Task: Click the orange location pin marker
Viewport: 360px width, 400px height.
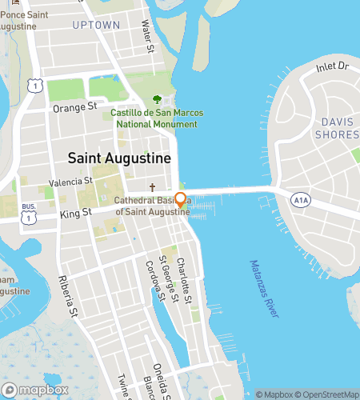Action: pyautogui.click(x=181, y=200)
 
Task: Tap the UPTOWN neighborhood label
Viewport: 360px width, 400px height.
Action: pyautogui.click(x=96, y=26)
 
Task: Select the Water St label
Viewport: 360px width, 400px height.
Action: pyautogui.click(x=147, y=38)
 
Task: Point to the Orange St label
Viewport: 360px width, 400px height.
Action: pyautogui.click(x=74, y=106)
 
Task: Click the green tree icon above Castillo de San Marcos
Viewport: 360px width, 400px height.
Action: pyautogui.click(x=157, y=100)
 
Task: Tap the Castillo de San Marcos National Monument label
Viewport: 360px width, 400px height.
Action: pyautogui.click(x=156, y=118)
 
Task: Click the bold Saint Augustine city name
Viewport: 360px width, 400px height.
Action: pyautogui.click(x=119, y=158)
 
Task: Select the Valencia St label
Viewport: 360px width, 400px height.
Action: pyautogui.click(x=71, y=182)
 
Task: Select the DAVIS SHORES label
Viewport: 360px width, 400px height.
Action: pyautogui.click(x=336, y=129)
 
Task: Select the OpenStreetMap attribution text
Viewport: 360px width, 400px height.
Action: pyautogui.click(x=328, y=394)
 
